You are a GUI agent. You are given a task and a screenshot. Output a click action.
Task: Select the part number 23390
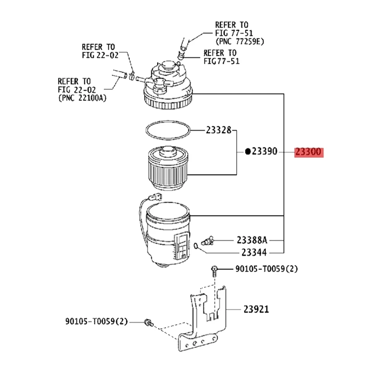click(264, 152)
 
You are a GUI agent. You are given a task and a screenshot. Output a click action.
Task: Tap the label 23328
click(218, 131)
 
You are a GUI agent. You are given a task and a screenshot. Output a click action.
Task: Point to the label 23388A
click(252, 240)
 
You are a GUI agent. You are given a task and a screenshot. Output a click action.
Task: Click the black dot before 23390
click(248, 152)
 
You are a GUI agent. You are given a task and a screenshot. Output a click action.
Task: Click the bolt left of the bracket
click(148, 322)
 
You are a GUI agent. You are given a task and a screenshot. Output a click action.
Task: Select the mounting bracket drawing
click(205, 321)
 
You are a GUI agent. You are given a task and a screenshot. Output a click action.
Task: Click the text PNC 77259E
click(239, 41)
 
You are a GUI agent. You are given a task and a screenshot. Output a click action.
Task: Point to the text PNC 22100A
click(80, 98)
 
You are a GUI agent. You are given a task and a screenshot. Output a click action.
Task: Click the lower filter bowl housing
click(167, 237)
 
